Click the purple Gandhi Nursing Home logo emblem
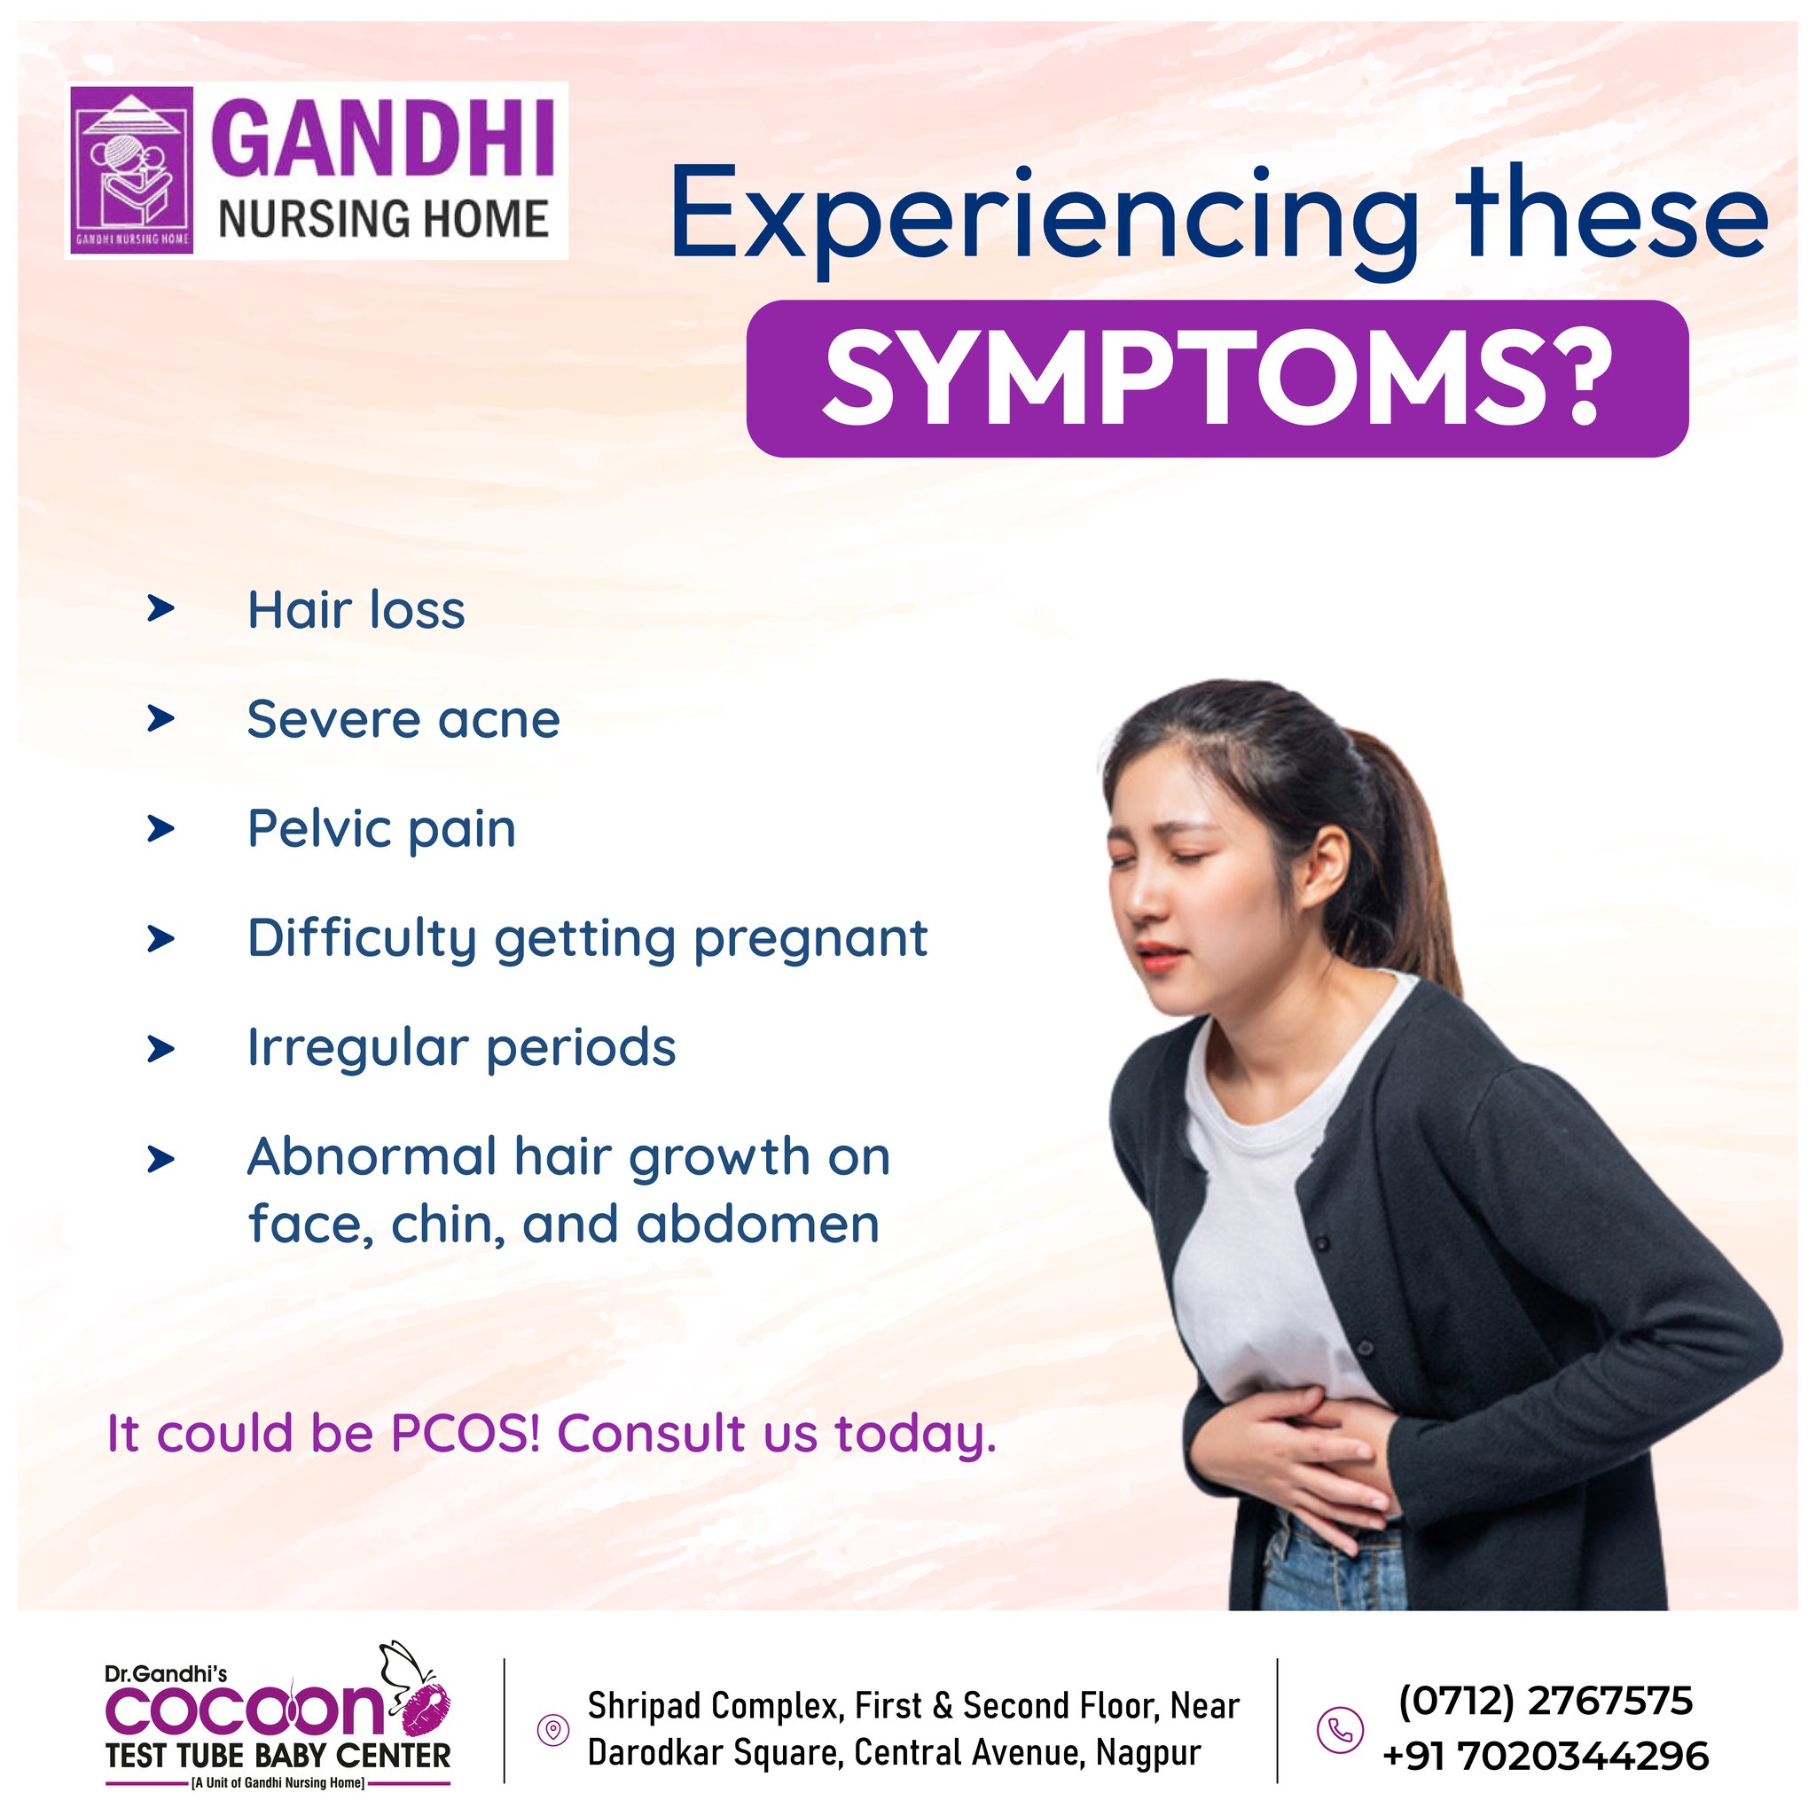(131, 169)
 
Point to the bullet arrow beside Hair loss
(160, 609)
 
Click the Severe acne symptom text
(403, 720)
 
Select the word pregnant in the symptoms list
(810, 940)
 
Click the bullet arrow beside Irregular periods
(160, 1049)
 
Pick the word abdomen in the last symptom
(757, 1225)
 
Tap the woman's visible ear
(1328, 862)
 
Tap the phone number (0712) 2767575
(1546, 1700)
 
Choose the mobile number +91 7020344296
(1546, 1755)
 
